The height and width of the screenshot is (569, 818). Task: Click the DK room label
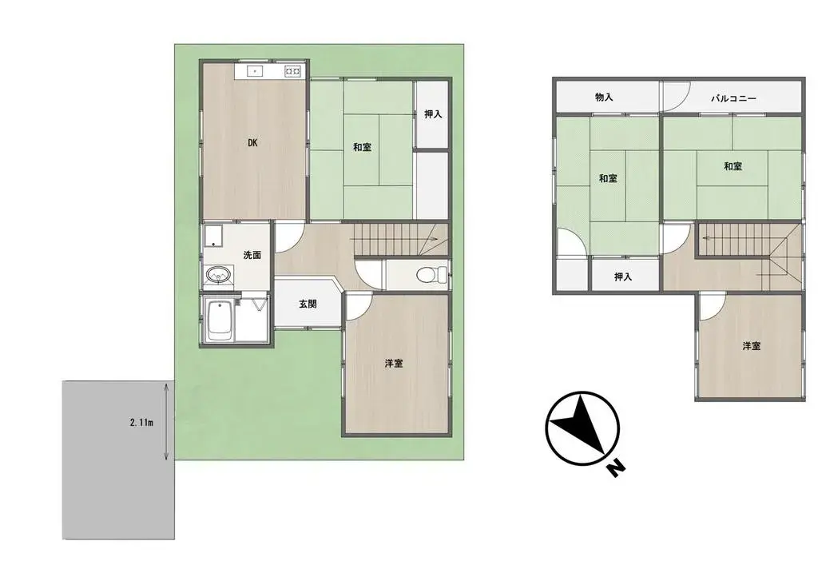tap(252, 143)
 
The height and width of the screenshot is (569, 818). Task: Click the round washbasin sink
tap(216, 276)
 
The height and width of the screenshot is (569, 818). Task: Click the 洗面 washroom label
tap(252, 256)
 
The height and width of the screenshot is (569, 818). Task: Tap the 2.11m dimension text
tap(141, 421)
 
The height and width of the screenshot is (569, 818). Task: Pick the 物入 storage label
tap(604, 97)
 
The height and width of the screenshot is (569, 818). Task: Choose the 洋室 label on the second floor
tap(750, 346)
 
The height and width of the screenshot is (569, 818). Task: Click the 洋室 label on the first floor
tap(393, 363)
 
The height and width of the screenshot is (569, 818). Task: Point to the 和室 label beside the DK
tap(361, 147)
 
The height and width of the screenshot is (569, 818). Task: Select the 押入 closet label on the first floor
tap(432, 114)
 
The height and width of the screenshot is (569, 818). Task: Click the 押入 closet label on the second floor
tap(623, 277)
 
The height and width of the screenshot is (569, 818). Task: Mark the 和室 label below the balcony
tap(733, 166)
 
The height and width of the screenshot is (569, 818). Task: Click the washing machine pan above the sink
tap(213, 238)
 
